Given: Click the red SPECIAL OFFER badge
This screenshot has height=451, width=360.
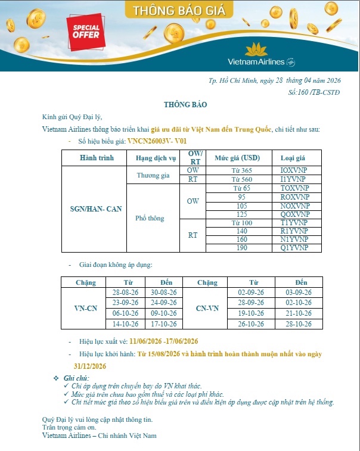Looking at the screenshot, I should [86, 30].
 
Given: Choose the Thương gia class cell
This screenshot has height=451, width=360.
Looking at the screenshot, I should [153, 175].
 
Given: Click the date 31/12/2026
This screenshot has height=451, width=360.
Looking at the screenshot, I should [89, 365].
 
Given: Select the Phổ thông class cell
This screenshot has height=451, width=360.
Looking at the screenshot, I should [150, 218].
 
